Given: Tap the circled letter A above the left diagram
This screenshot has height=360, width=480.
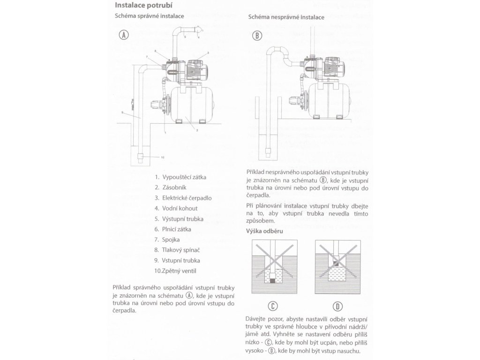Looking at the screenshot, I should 124,35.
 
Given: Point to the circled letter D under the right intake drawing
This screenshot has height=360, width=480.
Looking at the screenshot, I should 337,307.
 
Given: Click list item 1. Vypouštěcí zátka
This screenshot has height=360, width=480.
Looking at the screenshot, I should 180,177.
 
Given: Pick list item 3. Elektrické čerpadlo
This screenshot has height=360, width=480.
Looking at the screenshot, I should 183,198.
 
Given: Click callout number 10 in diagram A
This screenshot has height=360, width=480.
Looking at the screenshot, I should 162,157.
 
